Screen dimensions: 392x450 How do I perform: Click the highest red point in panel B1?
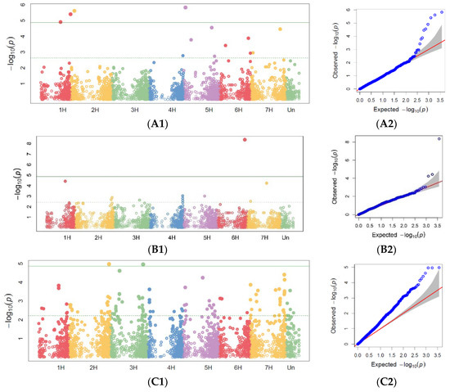pyautogui.click(x=245, y=140)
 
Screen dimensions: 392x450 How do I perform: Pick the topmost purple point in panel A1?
pyautogui.click(x=186, y=7)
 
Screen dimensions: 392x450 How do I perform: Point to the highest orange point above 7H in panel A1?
pyautogui.click(x=280, y=29)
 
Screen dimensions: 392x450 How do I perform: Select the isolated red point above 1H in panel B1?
pyautogui.click(x=65, y=181)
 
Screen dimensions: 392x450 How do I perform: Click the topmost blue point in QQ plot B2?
pyautogui.click(x=439, y=139)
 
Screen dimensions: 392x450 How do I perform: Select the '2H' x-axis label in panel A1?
pyautogui.click(x=96, y=107)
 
